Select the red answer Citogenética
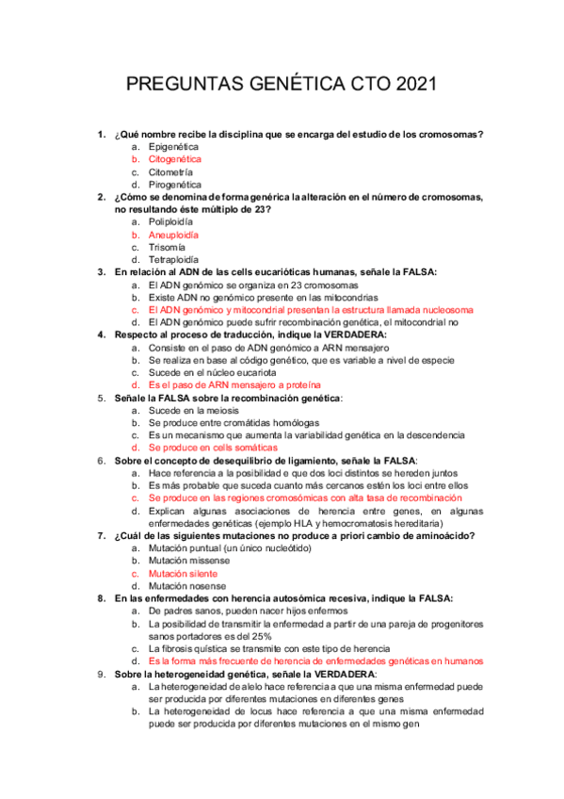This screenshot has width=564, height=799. (x=175, y=160)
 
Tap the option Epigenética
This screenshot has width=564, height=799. (x=174, y=147)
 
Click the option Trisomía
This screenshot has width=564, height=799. (x=168, y=247)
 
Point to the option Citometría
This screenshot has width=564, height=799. (x=170, y=172)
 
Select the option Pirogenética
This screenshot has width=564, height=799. (x=174, y=185)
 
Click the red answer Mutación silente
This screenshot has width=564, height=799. (x=183, y=573)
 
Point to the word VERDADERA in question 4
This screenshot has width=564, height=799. (x=354, y=334)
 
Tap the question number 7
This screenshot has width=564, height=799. (x=102, y=536)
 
